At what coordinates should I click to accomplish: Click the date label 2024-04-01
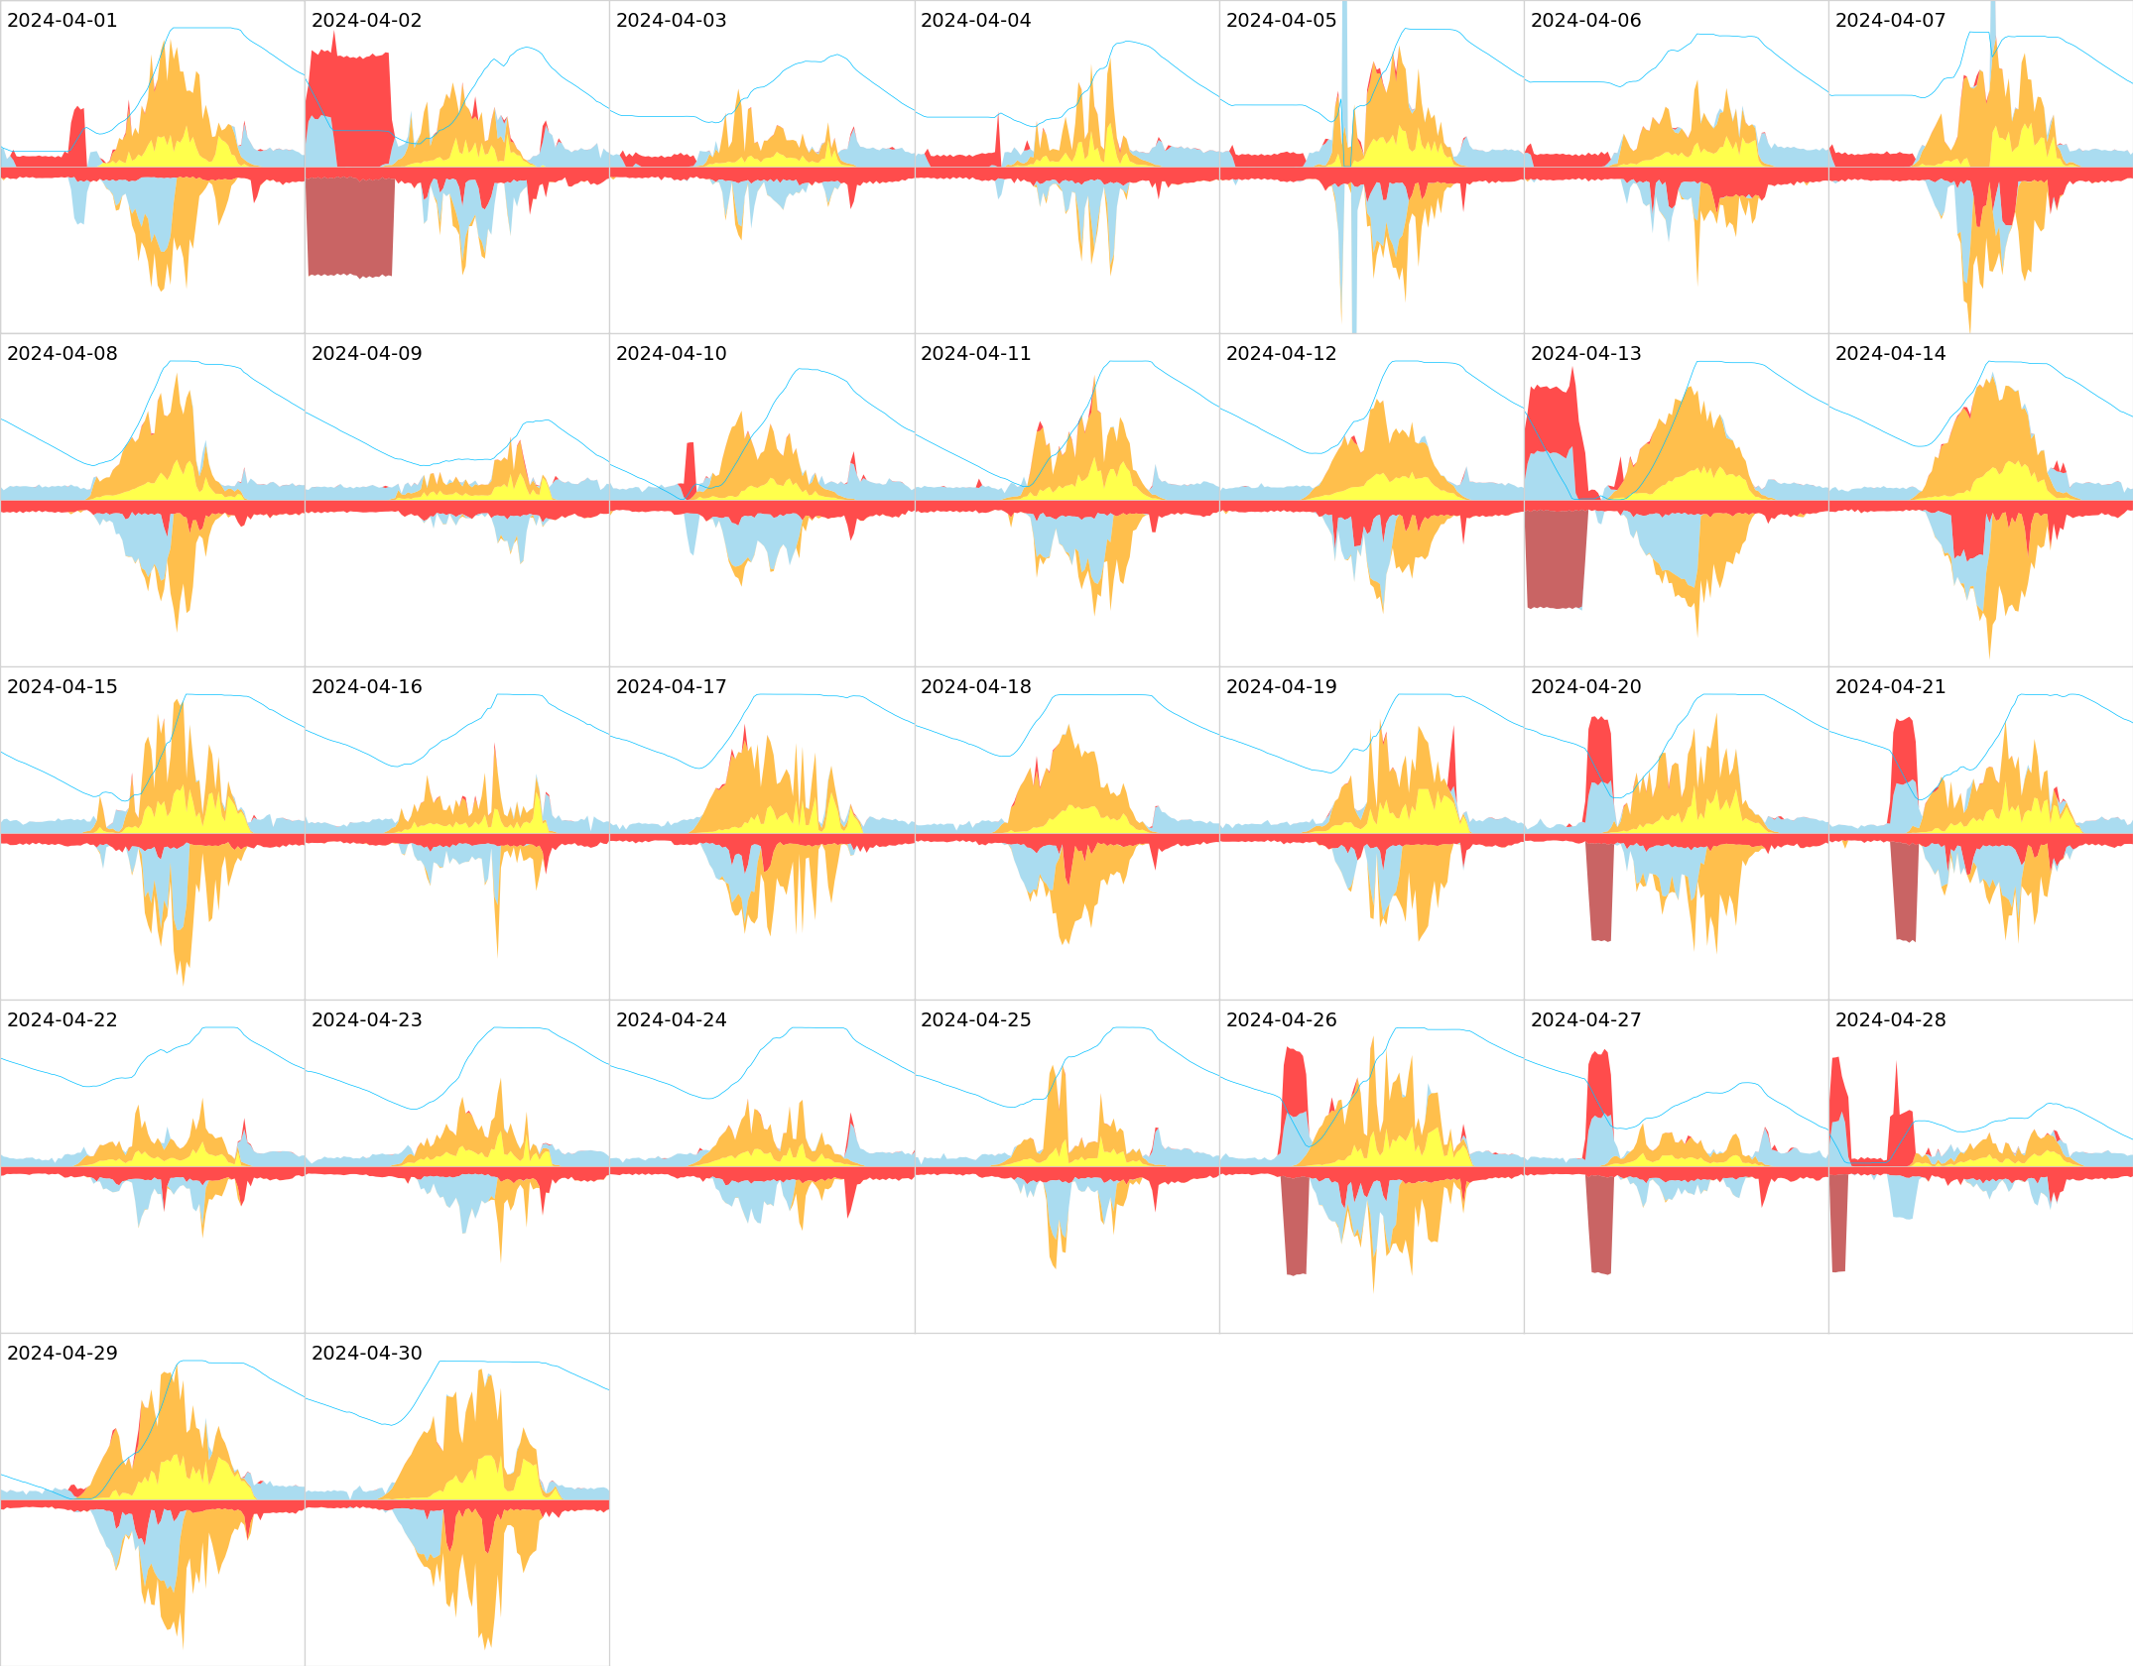tap(62, 20)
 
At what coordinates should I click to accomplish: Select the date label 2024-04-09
tap(366, 353)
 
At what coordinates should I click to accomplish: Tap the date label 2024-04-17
tap(671, 686)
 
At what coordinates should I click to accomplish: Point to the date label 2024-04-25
tap(975, 1019)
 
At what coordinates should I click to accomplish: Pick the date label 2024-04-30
tap(366, 1353)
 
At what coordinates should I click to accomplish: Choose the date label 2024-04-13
tap(1585, 353)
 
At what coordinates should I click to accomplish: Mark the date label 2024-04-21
tap(1890, 686)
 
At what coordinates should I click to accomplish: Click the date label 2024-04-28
tap(1890, 1019)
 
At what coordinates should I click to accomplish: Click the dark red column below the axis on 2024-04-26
tap(1296, 1224)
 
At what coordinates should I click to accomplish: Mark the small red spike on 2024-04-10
tap(690, 466)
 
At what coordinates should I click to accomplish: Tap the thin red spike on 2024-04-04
tap(998, 139)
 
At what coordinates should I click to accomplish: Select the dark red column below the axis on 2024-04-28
tap(1838, 1222)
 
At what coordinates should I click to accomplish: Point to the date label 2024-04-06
tap(1585, 20)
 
